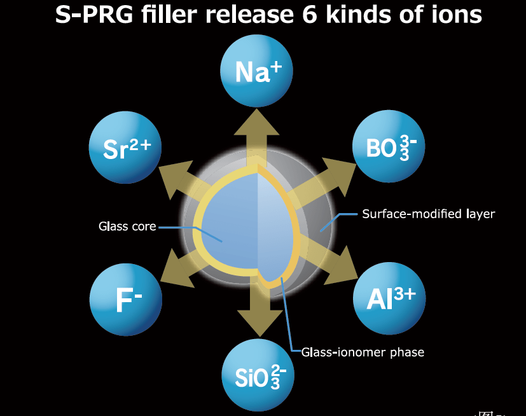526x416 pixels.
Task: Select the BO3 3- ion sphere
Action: (389, 146)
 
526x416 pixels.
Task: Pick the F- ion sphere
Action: (125, 300)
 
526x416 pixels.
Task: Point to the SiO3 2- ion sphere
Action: (257, 375)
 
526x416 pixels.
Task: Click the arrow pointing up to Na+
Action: (257, 130)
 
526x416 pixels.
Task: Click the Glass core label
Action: (127, 226)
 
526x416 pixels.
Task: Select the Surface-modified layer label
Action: (428, 214)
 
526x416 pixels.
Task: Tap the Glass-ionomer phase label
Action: (363, 352)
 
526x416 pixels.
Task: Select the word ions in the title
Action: (452, 15)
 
